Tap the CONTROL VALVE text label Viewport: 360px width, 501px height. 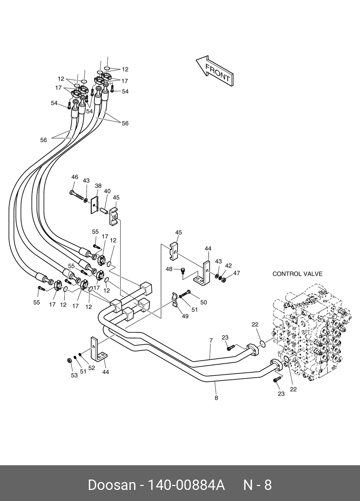click(297, 274)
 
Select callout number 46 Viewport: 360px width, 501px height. click(74, 177)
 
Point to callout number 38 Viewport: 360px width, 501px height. click(98, 186)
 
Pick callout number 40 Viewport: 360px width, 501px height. click(107, 191)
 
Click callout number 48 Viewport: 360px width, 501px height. click(169, 269)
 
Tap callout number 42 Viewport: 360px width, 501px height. click(228, 265)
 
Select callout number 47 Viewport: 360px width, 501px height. click(237, 273)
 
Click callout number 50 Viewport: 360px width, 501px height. click(204, 303)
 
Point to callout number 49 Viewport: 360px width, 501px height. click(185, 316)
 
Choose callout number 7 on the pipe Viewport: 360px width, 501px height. click(211, 340)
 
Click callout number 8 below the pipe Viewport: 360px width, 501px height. click(216, 398)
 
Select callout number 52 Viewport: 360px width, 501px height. click(92, 368)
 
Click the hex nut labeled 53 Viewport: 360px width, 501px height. click(69, 360)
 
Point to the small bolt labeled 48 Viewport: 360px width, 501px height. click(182, 271)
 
